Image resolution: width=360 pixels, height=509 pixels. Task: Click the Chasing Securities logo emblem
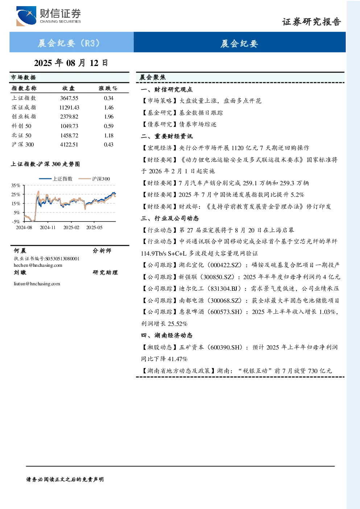[x=26, y=16]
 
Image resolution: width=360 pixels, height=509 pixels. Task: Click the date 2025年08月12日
[x=71, y=63]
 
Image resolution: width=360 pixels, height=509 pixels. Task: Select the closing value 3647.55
[x=69, y=98]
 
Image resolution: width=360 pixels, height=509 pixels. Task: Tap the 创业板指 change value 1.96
[x=109, y=117]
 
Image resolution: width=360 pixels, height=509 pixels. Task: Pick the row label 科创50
[x=22, y=126]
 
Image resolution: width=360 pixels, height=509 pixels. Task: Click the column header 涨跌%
[x=108, y=88]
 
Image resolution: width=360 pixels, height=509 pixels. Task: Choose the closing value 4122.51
[x=69, y=145]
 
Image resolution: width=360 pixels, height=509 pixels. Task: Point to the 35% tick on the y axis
[x=16, y=185]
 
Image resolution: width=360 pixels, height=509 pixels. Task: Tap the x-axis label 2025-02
[x=71, y=227]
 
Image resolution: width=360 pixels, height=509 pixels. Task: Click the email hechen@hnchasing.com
[x=38, y=265]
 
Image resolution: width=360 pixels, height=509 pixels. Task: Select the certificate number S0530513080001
[x=62, y=258]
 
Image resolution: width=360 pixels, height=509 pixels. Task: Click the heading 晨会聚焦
[x=153, y=77]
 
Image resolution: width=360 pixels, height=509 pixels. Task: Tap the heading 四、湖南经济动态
[x=167, y=335]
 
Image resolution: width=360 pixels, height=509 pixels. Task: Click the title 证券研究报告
[x=311, y=22]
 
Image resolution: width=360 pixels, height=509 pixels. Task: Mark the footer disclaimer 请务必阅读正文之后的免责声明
[x=65, y=480]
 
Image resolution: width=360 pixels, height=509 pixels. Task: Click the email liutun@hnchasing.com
[x=37, y=284]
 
